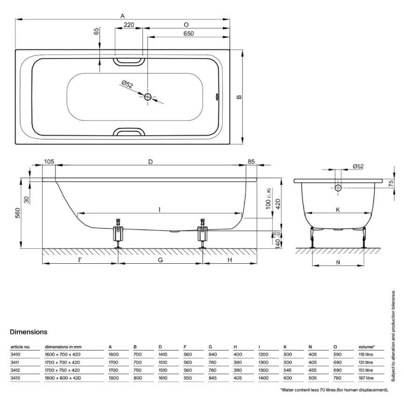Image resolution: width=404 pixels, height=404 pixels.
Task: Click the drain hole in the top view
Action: tap(148, 97)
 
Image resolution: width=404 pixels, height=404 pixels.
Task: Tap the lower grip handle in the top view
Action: tap(129, 132)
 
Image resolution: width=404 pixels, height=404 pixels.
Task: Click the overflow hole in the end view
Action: tap(338, 188)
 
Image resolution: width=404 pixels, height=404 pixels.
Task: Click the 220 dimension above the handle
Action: tap(129, 25)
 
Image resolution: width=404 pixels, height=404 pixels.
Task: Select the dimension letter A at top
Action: tap(123, 15)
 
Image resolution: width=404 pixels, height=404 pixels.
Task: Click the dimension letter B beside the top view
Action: tap(239, 97)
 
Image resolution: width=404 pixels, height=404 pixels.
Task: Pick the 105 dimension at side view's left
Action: tap(49, 162)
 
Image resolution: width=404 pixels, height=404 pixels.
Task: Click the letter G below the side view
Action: tap(160, 260)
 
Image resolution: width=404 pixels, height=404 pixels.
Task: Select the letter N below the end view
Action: tap(338, 263)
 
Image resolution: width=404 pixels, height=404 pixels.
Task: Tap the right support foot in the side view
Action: tap(202, 233)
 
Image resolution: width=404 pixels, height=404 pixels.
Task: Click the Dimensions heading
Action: tap(29, 332)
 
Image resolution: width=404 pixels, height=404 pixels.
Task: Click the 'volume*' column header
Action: tap(367, 347)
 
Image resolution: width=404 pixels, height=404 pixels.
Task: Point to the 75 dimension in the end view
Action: tap(391, 183)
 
